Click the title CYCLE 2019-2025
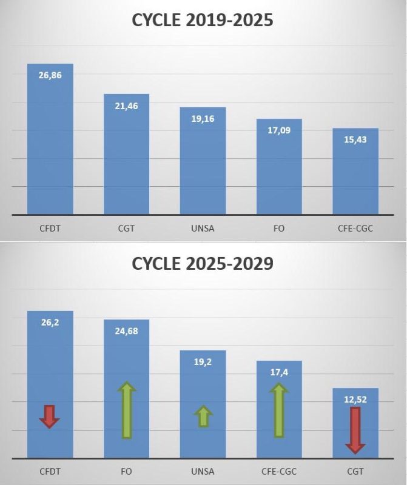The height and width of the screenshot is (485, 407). click(x=203, y=21)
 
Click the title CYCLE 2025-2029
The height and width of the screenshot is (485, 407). click(x=203, y=264)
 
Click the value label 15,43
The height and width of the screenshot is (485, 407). click(x=355, y=139)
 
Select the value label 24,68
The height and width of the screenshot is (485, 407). click(x=126, y=331)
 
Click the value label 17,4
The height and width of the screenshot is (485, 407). click(x=279, y=372)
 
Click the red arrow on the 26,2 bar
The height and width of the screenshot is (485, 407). click(x=50, y=416)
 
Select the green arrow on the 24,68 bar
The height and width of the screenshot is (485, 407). click(x=126, y=410)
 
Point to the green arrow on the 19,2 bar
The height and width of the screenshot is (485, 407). click(x=203, y=416)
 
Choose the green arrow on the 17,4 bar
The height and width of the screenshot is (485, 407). click(x=279, y=410)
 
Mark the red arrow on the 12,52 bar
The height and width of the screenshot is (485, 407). click(x=355, y=430)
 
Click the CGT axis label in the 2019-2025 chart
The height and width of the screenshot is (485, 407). click(x=126, y=229)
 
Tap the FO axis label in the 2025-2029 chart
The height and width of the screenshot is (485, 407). click(x=126, y=471)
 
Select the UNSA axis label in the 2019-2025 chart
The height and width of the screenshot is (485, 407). click(x=203, y=229)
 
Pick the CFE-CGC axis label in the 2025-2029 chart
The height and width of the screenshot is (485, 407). click(x=279, y=471)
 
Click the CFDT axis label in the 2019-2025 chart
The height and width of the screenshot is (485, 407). click(x=50, y=229)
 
